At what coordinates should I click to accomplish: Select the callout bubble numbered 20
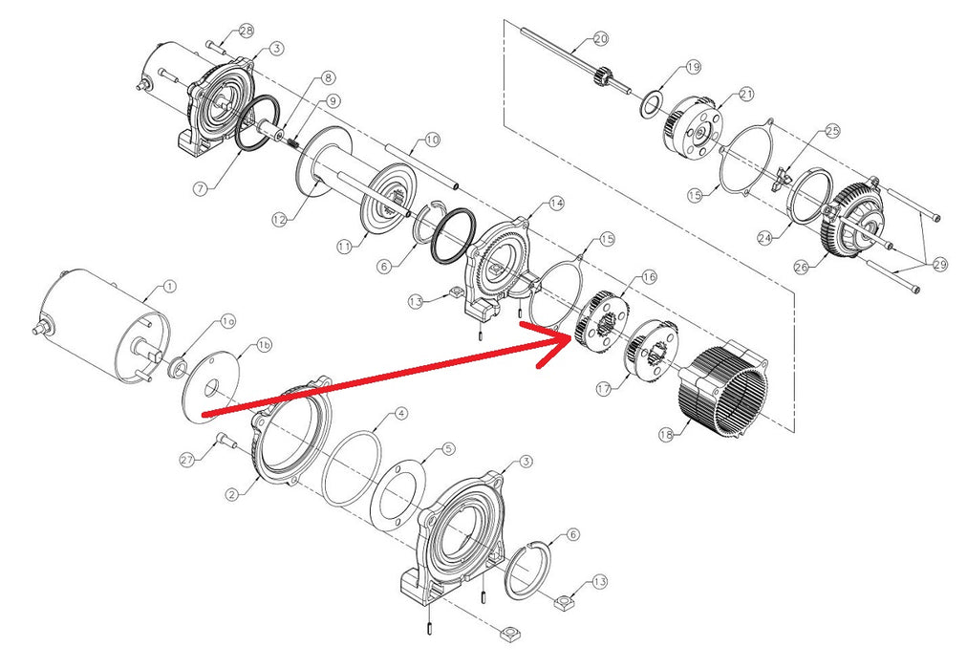pos(600,39)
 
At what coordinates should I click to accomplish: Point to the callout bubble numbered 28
pos(247,32)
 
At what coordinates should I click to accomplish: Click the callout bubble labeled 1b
pos(264,344)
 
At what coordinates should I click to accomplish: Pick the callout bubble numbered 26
pos(801,269)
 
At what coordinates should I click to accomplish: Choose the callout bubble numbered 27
pos(187,460)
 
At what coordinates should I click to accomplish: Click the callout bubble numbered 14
pos(557,203)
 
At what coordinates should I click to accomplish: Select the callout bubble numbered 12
pos(279,220)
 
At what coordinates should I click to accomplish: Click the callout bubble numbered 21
pos(746,95)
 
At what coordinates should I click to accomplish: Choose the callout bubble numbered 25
pos(832,130)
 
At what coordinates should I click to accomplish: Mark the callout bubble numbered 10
pos(432,140)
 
